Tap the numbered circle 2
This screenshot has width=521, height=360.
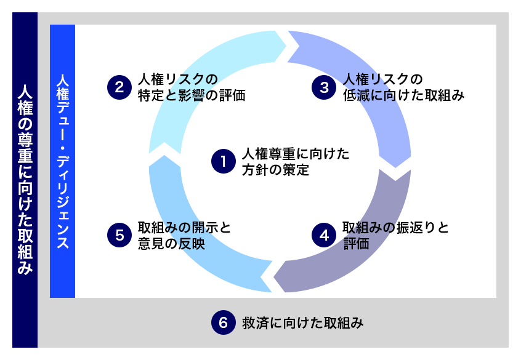119,87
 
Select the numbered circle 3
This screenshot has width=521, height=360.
324,87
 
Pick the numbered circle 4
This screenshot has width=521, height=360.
324,236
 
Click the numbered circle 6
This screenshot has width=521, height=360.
224,322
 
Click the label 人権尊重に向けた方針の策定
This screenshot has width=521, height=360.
295,162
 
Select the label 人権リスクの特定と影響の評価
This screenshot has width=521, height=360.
192,87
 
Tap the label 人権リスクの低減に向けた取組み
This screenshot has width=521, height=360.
402,87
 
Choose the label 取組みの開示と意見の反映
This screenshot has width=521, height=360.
184,236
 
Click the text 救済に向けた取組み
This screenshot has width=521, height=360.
302,322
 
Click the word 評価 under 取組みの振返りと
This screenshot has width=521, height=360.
357,244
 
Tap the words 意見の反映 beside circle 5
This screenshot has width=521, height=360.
171,244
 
